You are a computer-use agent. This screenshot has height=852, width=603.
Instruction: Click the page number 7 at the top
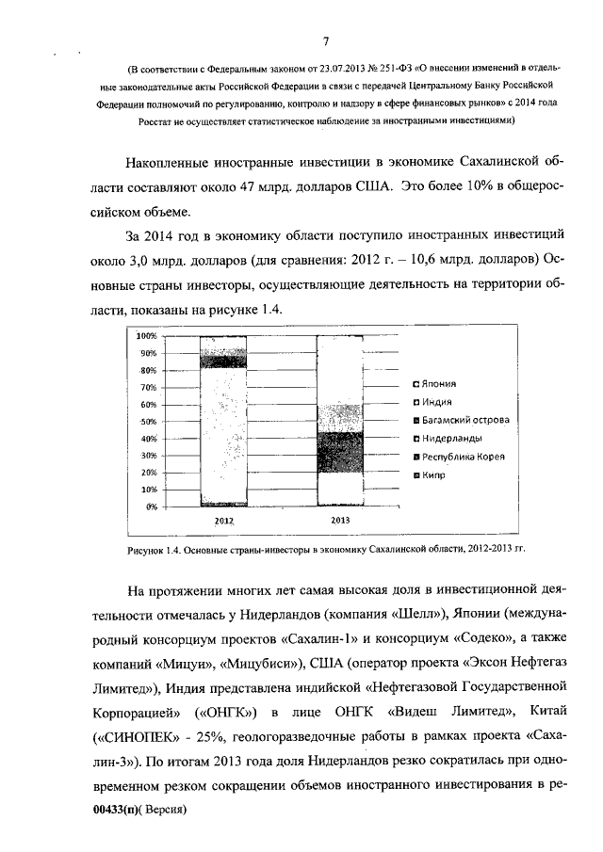pos(324,41)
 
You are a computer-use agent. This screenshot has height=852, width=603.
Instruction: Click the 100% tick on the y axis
pos(145,336)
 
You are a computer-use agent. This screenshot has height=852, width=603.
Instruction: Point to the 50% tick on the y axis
pos(147,421)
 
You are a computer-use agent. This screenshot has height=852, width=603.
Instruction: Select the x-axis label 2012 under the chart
pos(223,520)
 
